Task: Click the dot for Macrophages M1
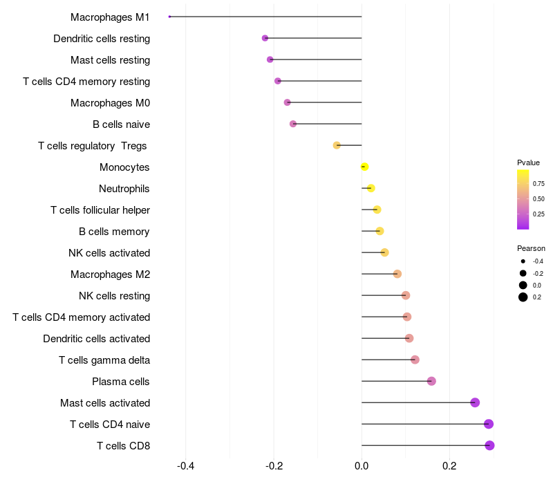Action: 169,17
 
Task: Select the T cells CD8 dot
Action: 489,445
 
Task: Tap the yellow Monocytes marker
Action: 365,167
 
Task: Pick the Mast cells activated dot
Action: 475,402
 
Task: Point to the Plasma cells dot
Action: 431,381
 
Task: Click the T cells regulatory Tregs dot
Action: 337,145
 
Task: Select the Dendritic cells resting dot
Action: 265,38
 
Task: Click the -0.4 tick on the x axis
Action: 185,466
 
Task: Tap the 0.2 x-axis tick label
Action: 450,466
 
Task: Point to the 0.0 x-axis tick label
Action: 362,466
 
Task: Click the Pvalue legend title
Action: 528,162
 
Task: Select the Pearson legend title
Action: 531,248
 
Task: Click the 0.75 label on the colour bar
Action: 538,184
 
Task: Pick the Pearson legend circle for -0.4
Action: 523,261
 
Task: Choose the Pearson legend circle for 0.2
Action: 523,297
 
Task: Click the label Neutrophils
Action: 124,189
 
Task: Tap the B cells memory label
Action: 114,232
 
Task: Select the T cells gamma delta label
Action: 104,360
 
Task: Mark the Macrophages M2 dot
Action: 397,274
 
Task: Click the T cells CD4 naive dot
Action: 489,424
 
